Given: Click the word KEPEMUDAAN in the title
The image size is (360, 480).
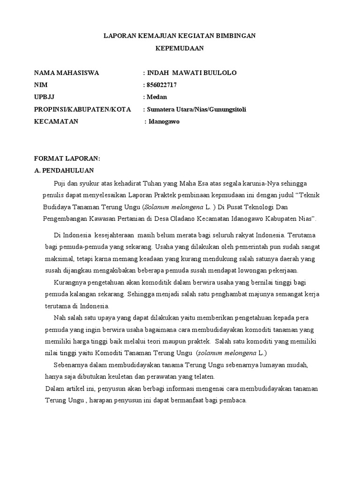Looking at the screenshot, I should pyautogui.click(x=180, y=48).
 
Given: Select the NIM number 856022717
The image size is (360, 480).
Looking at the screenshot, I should pyautogui.click(x=162, y=85).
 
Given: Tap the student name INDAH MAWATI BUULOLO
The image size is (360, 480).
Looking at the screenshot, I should pyautogui.click(x=192, y=73).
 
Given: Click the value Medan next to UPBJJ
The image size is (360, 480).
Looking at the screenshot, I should pyautogui.click(x=157, y=97).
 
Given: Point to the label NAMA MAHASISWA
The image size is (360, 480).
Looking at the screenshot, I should pyautogui.click(x=67, y=73).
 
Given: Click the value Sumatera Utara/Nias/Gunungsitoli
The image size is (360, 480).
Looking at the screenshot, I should pyautogui.click(x=196, y=109).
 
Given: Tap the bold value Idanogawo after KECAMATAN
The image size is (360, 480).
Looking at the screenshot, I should pyautogui.click(x=164, y=121).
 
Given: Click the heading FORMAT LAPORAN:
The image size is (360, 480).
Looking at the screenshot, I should pyautogui.click(x=67, y=158).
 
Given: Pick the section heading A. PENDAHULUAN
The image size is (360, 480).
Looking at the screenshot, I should pyautogui.click(x=64, y=170).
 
